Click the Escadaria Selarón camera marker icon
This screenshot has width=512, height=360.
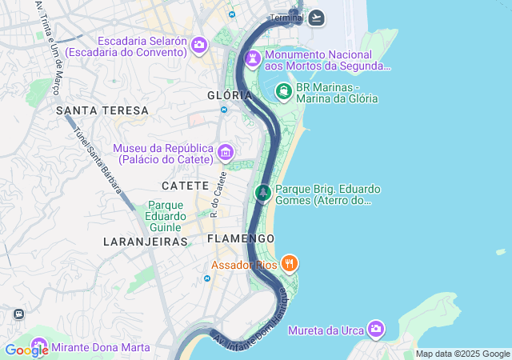point(198,46)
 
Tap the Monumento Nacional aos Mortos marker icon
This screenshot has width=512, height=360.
point(253,59)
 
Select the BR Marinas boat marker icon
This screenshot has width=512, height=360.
point(283,92)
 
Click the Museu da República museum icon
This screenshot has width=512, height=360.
point(226,153)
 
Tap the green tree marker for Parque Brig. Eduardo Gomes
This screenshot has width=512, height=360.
point(262,193)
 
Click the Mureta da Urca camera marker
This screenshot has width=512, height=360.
point(376,330)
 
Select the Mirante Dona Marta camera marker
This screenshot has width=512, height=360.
point(38,347)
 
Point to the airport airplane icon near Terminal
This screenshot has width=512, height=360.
point(316,18)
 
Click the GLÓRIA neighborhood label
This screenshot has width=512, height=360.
point(224,95)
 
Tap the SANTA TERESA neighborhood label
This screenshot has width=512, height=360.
point(102,110)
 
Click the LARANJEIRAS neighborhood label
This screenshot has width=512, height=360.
point(145,241)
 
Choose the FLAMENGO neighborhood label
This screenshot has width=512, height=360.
point(240,238)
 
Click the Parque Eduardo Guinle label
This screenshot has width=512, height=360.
point(165,215)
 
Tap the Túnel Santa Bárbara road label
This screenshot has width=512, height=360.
point(98,159)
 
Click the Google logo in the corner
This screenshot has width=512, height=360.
point(26,350)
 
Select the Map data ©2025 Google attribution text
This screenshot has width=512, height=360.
point(462,354)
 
